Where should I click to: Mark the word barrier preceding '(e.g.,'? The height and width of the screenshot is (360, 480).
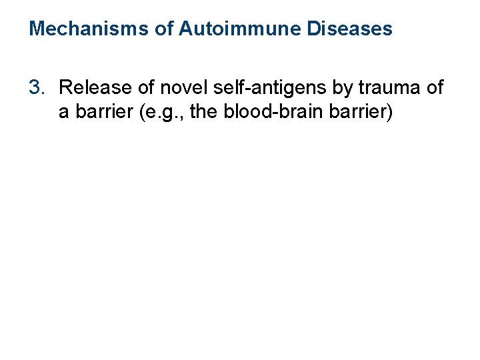click(x=98, y=112)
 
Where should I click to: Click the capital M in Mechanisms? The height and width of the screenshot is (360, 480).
click(x=37, y=29)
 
